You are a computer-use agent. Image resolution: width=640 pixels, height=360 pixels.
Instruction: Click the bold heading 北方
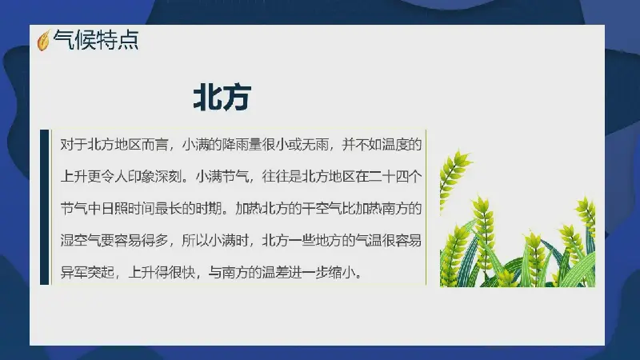(x=222, y=98)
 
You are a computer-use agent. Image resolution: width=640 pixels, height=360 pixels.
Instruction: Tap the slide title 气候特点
(x=96, y=40)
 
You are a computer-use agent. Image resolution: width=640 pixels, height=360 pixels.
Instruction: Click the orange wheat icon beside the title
(x=43, y=41)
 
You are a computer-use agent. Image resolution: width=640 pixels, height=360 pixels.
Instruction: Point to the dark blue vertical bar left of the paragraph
(x=45, y=207)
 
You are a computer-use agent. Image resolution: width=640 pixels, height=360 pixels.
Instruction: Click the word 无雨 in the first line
(x=315, y=145)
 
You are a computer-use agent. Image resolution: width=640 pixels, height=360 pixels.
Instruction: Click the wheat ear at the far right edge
(x=587, y=212)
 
